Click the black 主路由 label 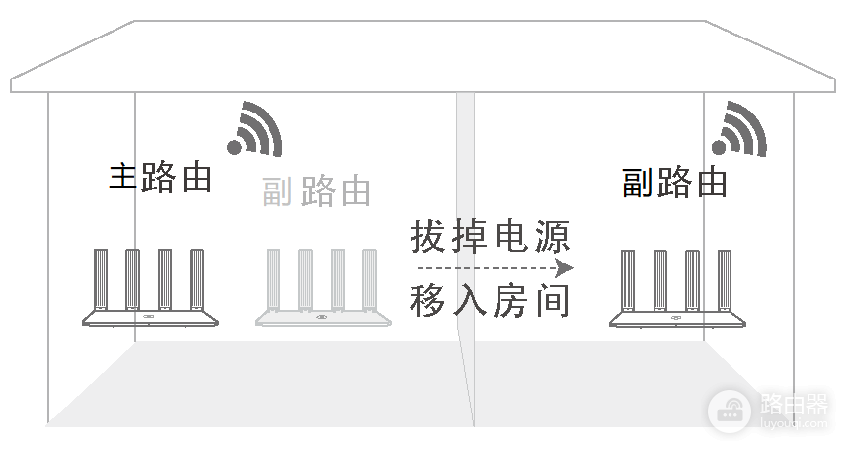160,177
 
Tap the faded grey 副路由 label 316,191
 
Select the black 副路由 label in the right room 674,183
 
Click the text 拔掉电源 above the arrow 490,236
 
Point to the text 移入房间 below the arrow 490,300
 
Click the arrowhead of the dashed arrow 565,268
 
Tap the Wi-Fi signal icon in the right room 739,129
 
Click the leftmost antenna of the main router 101,279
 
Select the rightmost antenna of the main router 196,279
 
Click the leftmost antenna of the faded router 273,279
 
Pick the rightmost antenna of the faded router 369,279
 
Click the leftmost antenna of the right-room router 628,280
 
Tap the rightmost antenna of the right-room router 725,280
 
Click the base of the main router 150,319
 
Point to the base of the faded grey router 323,319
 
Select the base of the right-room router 677,320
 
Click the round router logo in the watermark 729,412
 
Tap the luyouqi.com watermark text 794,423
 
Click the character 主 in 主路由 123,177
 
